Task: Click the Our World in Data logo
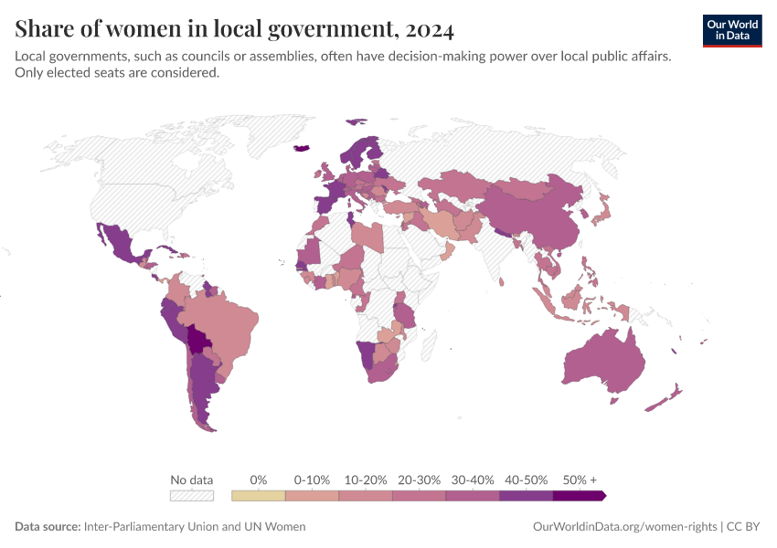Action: [731, 30]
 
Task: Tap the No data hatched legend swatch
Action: [192, 496]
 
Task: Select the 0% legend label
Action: [259, 479]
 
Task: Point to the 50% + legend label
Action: [580, 479]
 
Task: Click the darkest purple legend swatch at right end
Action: [579, 496]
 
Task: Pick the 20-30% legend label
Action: [419, 479]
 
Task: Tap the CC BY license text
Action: [744, 527]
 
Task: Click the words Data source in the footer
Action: [47, 527]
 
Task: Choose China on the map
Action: [535, 219]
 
